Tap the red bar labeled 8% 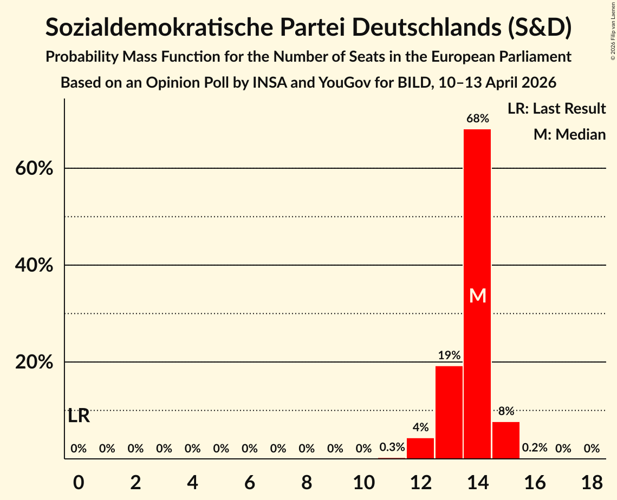[x=506, y=440]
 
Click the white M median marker [x=478, y=295]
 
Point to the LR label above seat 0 [x=79, y=416]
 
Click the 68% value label [x=477, y=118]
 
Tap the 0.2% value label [x=535, y=448]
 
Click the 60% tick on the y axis [x=34, y=169]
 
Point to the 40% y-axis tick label [x=34, y=266]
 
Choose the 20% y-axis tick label [x=34, y=363]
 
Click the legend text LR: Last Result [x=556, y=109]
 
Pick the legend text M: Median [x=569, y=134]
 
